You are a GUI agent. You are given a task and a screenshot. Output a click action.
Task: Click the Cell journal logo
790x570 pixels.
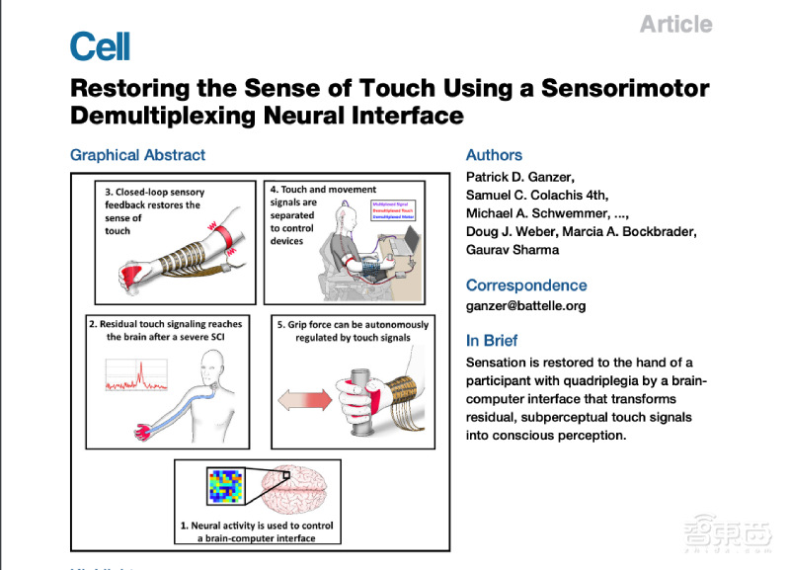tap(100, 45)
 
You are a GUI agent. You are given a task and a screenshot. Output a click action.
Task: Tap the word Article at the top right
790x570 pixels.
tap(675, 24)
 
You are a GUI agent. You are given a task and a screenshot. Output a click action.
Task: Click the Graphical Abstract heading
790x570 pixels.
tap(138, 155)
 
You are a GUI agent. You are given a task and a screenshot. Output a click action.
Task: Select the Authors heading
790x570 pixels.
tap(494, 155)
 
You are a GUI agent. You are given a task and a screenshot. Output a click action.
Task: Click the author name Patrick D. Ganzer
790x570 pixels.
tap(517, 177)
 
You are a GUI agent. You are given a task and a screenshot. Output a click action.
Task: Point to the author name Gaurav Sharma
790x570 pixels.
tap(511, 250)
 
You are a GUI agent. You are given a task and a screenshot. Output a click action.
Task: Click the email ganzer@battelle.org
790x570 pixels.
tap(525, 305)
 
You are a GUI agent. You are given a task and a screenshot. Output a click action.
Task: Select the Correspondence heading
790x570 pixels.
tap(526, 285)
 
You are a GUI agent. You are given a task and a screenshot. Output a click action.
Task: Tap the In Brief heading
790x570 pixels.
tap(492, 341)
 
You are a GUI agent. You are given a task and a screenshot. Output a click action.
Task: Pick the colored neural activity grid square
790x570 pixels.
tap(224, 486)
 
